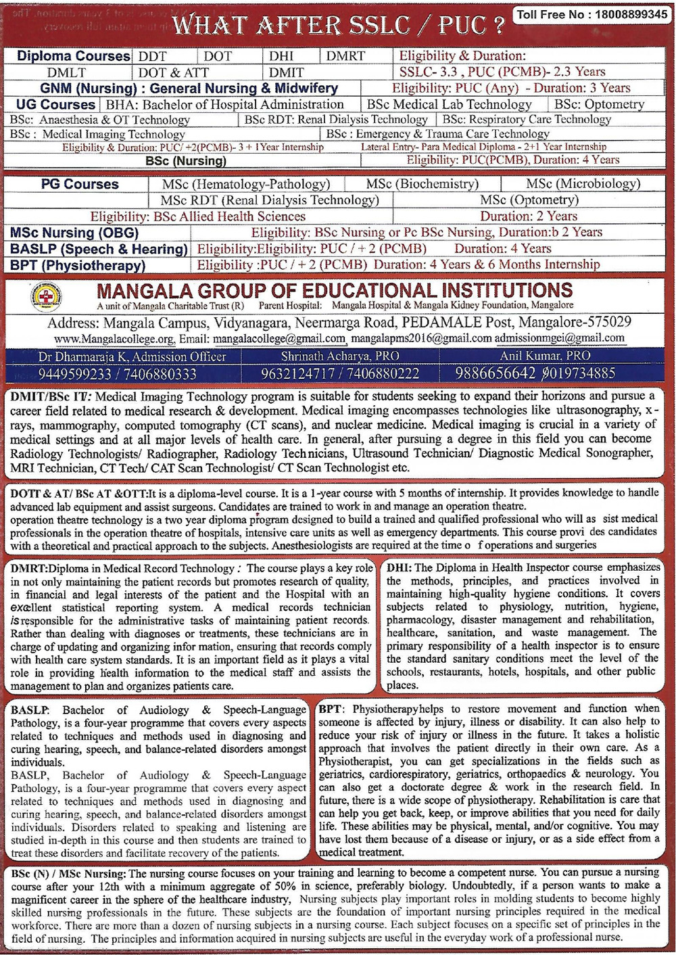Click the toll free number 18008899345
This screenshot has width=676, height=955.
coord(631,14)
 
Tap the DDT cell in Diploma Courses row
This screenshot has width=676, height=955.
coord(153,57)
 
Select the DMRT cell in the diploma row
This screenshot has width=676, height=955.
coord(345,57)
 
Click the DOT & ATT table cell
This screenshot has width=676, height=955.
coord(174,72)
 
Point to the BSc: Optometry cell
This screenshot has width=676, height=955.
coord(599,104)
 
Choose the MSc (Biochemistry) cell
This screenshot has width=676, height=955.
coord(422,184)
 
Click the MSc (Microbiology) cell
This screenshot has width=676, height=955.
coord(583,184)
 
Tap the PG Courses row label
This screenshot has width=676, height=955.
coord(79,184)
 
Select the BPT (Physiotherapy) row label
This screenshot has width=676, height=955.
coord(78,265)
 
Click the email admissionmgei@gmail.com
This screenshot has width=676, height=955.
coord(559,338)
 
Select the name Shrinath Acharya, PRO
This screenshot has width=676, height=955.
coord(340,356)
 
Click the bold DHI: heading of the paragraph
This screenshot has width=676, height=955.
coord(399,567)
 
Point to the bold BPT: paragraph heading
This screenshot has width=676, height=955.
coord(331,709)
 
